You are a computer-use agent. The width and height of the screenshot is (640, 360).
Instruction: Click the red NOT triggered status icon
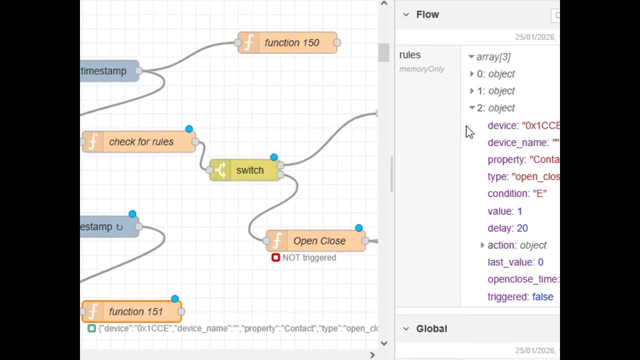tap(275, 257)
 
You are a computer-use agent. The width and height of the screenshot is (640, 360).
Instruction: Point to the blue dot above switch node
tap(274, 157)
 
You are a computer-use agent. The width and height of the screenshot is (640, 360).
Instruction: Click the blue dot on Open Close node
tap(359, 228)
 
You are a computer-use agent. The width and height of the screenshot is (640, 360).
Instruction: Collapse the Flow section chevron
tap(406, 14)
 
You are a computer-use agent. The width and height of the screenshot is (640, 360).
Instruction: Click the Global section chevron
tap(406, 328)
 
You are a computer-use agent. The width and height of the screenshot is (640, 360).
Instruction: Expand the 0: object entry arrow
tap(471, 74)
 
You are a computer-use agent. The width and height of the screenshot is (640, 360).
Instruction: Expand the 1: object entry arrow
tap(471, 91)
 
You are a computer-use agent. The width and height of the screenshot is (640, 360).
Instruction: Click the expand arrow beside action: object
tap(482, 245)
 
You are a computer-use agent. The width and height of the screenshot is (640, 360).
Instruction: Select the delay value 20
tap(522, 228)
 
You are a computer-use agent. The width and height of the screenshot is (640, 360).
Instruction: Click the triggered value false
tap(542, 296)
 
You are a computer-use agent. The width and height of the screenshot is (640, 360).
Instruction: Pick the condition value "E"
tap(539, 193)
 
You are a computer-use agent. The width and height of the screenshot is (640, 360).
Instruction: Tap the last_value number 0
tap(540, 262)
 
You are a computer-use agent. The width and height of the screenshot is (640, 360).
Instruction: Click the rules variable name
tap(410, 55)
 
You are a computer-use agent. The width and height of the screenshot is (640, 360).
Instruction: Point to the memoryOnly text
tap(421, 69)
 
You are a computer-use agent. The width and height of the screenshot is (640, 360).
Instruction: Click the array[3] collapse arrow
tap(471, 57)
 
